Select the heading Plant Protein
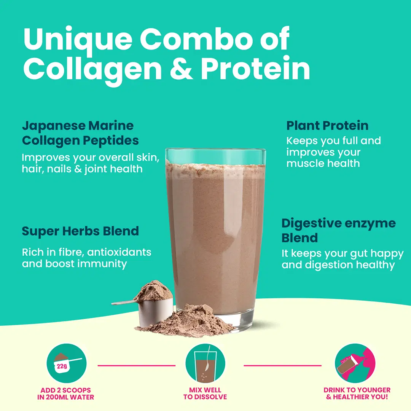(327, 126)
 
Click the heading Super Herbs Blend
(80, 231)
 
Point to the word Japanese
(54, 126)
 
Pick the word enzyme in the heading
(370, 224)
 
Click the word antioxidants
(119, 252)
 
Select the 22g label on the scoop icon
(62, 366)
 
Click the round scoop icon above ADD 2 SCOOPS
(66, 363)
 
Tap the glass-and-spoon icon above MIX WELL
(205, 363)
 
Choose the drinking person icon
(355, 363)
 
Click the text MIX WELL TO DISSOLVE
(205, 393)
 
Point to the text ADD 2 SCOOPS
(65, 390)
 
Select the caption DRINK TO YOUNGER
(357, 390)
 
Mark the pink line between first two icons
(137, 365)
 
